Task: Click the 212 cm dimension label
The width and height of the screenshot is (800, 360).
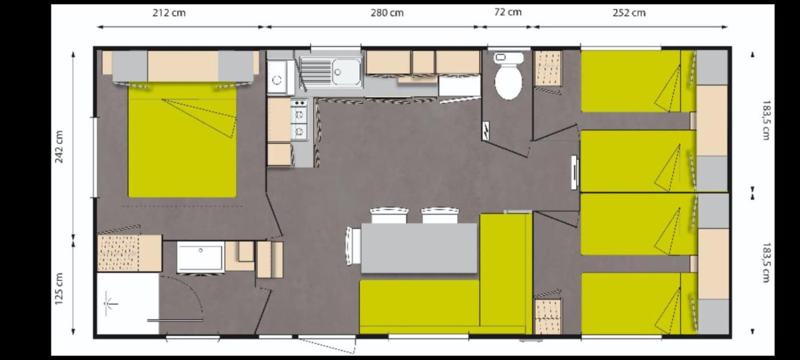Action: click(169, 13)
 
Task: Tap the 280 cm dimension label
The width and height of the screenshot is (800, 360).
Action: click(387, 13)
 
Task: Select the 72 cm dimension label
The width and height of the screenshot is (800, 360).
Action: click(508, 12)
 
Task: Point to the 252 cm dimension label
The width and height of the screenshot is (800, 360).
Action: click(629, 13)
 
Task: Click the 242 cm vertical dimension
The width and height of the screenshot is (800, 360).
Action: click(59, 147)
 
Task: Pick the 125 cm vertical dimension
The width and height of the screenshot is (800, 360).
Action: click(59, 289)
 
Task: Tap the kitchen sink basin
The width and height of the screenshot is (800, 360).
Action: click(346, 72)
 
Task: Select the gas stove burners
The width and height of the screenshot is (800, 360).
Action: click(299, 119)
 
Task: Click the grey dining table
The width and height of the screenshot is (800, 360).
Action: click(419, 248)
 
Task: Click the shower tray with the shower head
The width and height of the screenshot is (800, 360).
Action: click(127, 303)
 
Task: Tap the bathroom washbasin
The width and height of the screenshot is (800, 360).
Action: click(201, 257)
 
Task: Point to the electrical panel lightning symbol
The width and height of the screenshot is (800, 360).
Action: click(486, 131)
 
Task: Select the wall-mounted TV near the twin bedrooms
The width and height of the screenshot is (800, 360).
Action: click(574, 173)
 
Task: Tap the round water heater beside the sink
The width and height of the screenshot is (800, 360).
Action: click(277, 79)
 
